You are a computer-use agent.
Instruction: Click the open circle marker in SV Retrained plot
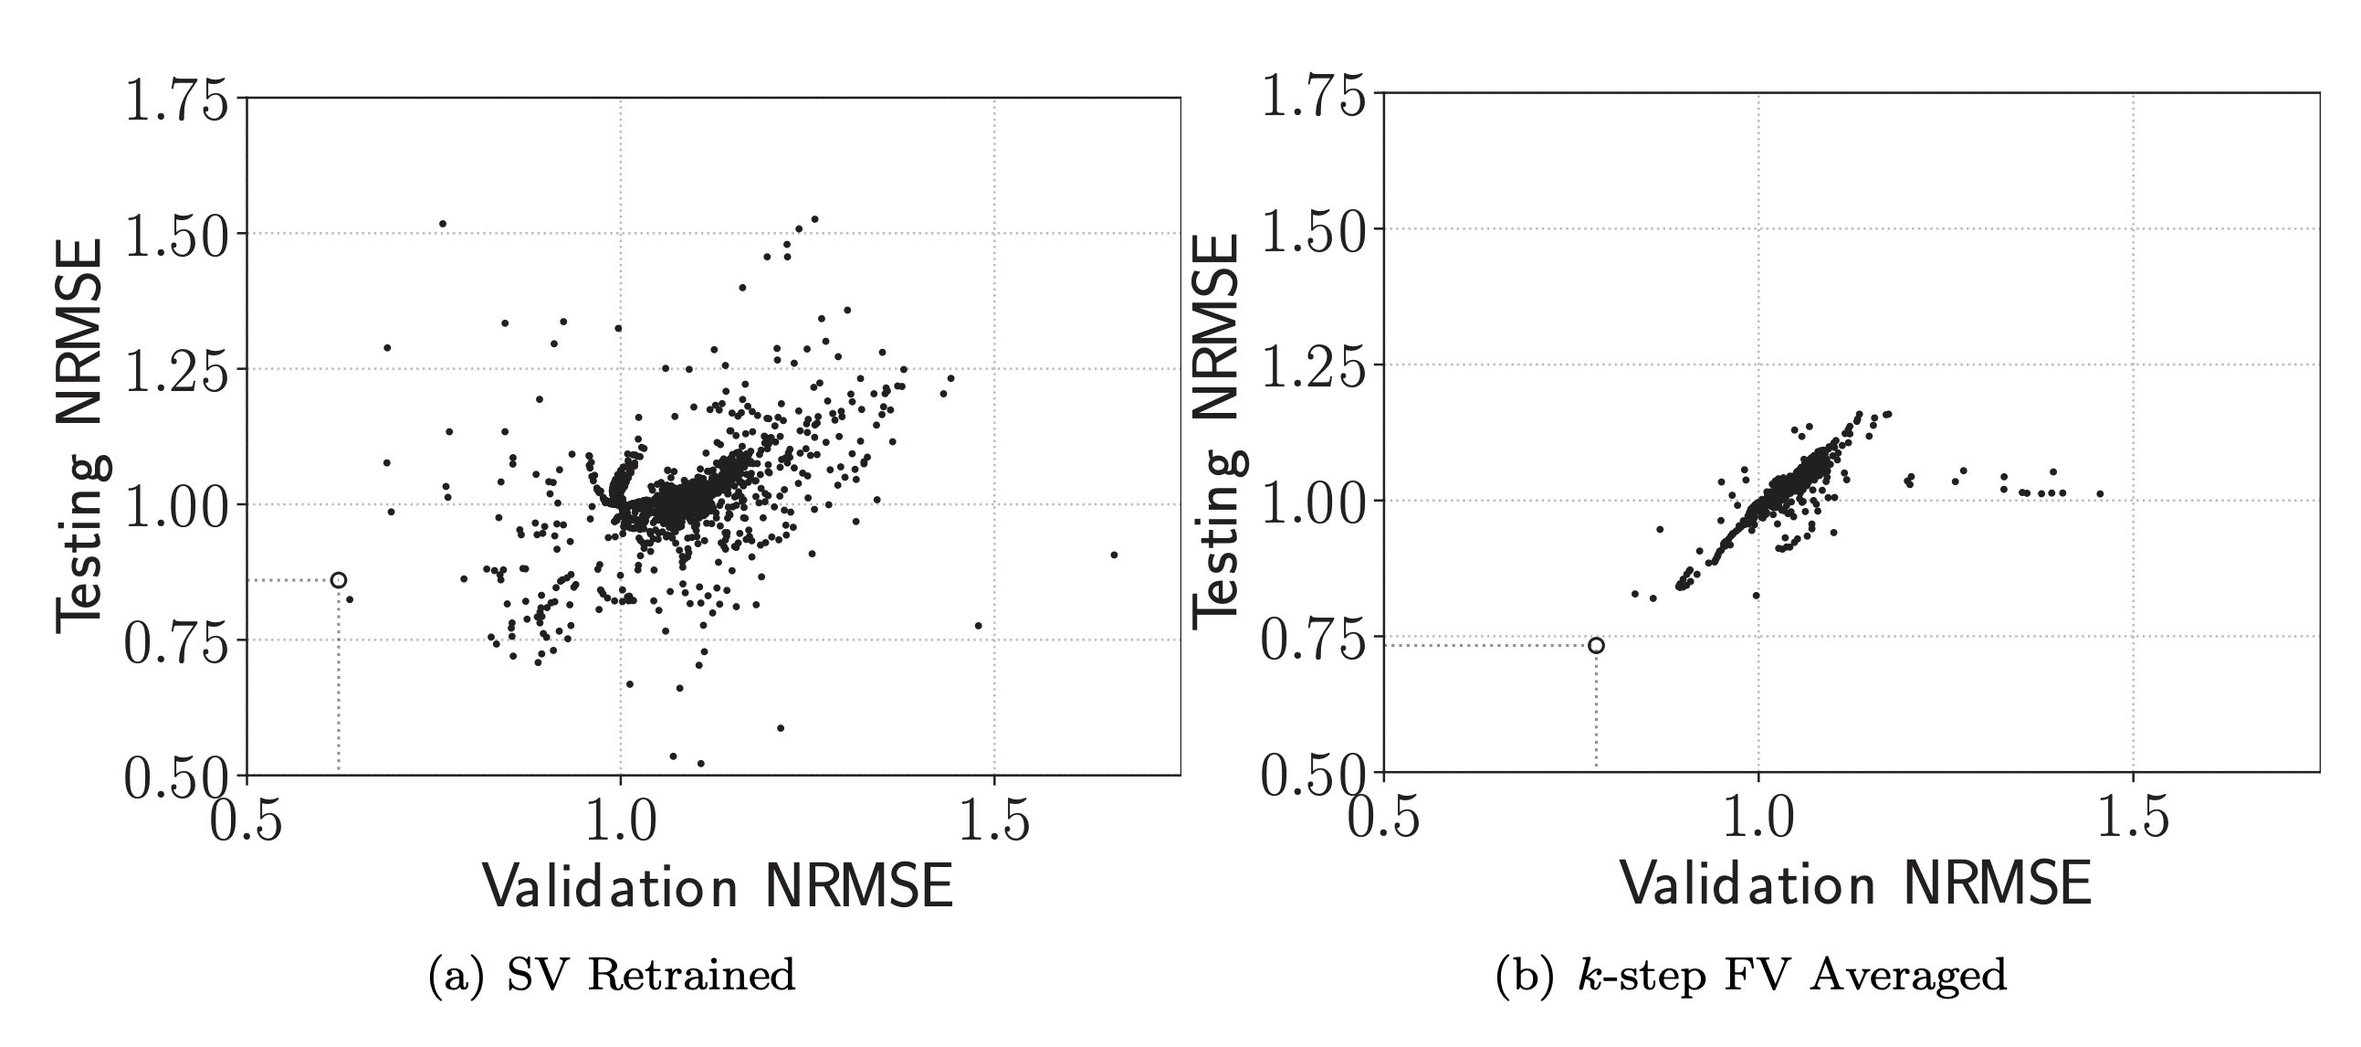pos(338,579)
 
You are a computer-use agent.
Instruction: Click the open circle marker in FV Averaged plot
pos(1596,645)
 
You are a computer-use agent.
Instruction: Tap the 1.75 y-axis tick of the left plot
pos(176,100)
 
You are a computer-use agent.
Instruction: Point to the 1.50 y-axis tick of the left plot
pos(176,236)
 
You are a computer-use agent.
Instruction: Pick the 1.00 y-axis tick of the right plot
pos(1314,502)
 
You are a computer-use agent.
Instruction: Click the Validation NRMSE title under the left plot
pos(718,886)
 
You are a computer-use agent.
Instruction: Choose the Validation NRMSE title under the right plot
pos(1856,884)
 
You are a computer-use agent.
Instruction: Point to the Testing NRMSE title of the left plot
pos(82,436)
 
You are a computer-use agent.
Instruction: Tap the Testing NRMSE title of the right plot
pos(1219,432)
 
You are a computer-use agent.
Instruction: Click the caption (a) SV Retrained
pos(612,975)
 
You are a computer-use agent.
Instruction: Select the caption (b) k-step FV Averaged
pos(1750,975)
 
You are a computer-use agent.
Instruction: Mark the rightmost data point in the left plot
pos(1114,555)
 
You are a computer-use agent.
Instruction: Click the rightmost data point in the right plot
pos(2100,494)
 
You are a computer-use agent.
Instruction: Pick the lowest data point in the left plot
pos(701,763)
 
